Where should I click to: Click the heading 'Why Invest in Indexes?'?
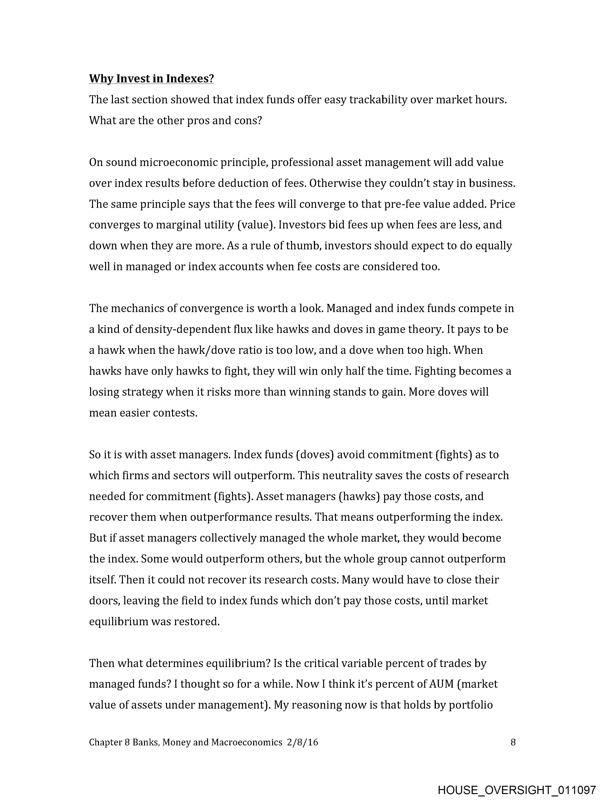point(151,79)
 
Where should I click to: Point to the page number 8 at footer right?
point(513,743)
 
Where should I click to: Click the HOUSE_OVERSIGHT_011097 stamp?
point(517,790)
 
